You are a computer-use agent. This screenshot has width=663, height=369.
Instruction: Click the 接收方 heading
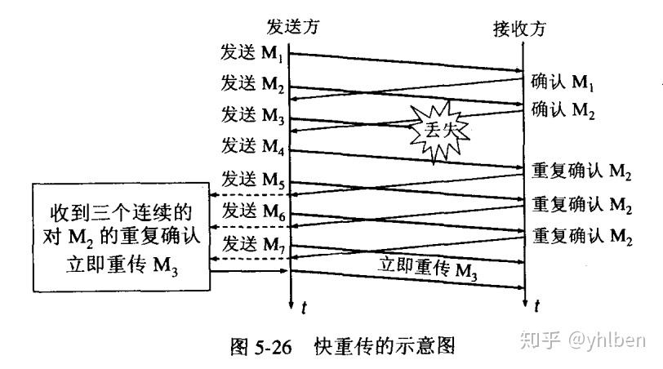(519, 29)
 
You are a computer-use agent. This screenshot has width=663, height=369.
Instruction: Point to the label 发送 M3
(252, 115)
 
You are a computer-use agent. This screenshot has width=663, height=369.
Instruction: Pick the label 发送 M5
(252, 179)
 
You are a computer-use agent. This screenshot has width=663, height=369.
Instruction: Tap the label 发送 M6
(252, 211)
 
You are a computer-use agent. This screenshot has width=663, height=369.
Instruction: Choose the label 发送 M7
(252, 242)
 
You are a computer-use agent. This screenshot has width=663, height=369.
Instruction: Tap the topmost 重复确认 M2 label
(582, 172)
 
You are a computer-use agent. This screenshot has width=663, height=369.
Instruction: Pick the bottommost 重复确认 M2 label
(582, 236)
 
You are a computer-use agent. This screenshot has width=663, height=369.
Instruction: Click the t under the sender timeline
(303, 308)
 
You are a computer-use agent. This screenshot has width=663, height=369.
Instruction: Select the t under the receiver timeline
(536, 308)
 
